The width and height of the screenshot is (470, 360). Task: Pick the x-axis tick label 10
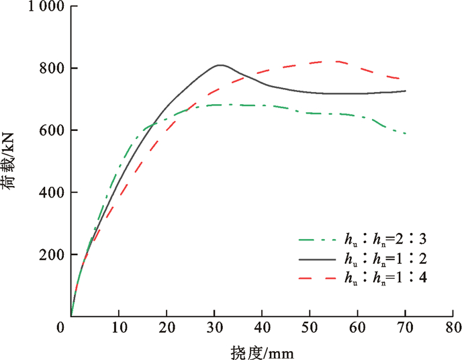point(118,328)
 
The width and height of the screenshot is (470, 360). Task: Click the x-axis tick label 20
point(166,328)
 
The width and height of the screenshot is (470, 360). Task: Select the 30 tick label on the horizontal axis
point(214,328)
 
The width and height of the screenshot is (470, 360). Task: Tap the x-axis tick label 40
point(262,328)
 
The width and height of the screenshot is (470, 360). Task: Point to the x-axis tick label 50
point(310,328)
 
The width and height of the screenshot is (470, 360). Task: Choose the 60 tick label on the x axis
point(357,328)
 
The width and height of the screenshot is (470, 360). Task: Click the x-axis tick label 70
point(405,328)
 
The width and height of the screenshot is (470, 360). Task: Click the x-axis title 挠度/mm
point(262,351)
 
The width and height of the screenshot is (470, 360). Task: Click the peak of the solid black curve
point(220,65)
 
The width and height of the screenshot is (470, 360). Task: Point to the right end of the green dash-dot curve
point(406,134)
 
